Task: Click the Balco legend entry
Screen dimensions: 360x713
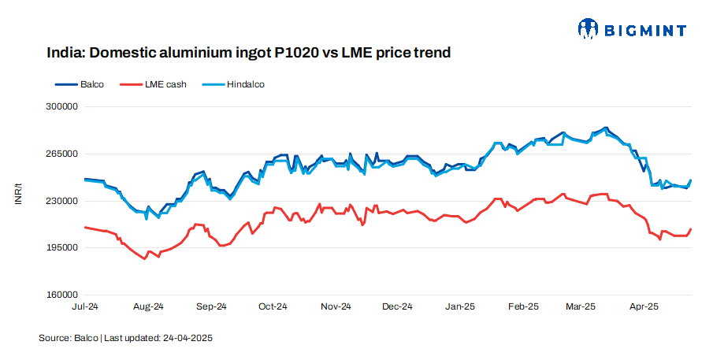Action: click(87, 84)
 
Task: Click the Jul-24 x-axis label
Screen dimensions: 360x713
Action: click(84, 306)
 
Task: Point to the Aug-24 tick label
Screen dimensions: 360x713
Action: click(147, 306)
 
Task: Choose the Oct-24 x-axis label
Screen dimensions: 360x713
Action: click(273, 306)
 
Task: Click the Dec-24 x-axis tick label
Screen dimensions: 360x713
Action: click(397, 306)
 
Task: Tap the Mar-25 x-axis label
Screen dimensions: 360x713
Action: click(581, 306)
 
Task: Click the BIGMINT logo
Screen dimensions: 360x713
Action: click(632, 30)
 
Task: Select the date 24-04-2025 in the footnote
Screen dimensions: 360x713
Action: click(188, 338)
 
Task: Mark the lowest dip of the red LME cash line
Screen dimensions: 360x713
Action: click(144, 258)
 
